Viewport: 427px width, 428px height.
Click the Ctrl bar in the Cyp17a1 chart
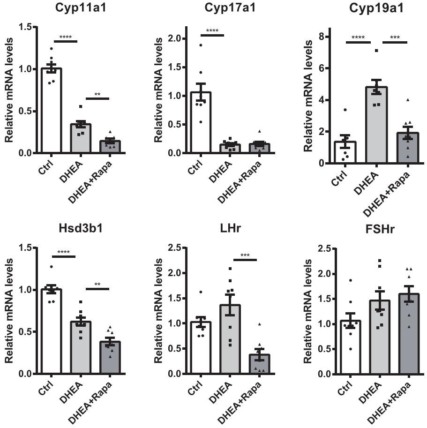(201, 122)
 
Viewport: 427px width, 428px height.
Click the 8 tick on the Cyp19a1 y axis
(324, 37)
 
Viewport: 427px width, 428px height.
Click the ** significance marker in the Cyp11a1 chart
(97, 94)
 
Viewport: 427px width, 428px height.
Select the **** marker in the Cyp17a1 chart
(212, 31)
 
